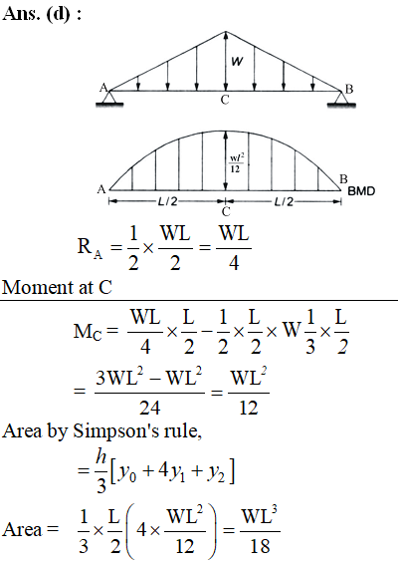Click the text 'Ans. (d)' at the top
36,14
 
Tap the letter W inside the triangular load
237,62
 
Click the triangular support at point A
109,98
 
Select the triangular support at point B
341,99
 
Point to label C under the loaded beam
225,100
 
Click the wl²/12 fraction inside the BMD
235,163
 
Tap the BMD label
361,191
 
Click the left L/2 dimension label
168,201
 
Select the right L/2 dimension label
284,202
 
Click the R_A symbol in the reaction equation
90,248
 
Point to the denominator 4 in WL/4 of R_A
234,263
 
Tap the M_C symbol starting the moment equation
88,331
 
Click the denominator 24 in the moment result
149,408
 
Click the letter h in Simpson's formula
100,456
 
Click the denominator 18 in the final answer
260,546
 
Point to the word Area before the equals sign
22,529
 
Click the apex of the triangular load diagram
226,32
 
